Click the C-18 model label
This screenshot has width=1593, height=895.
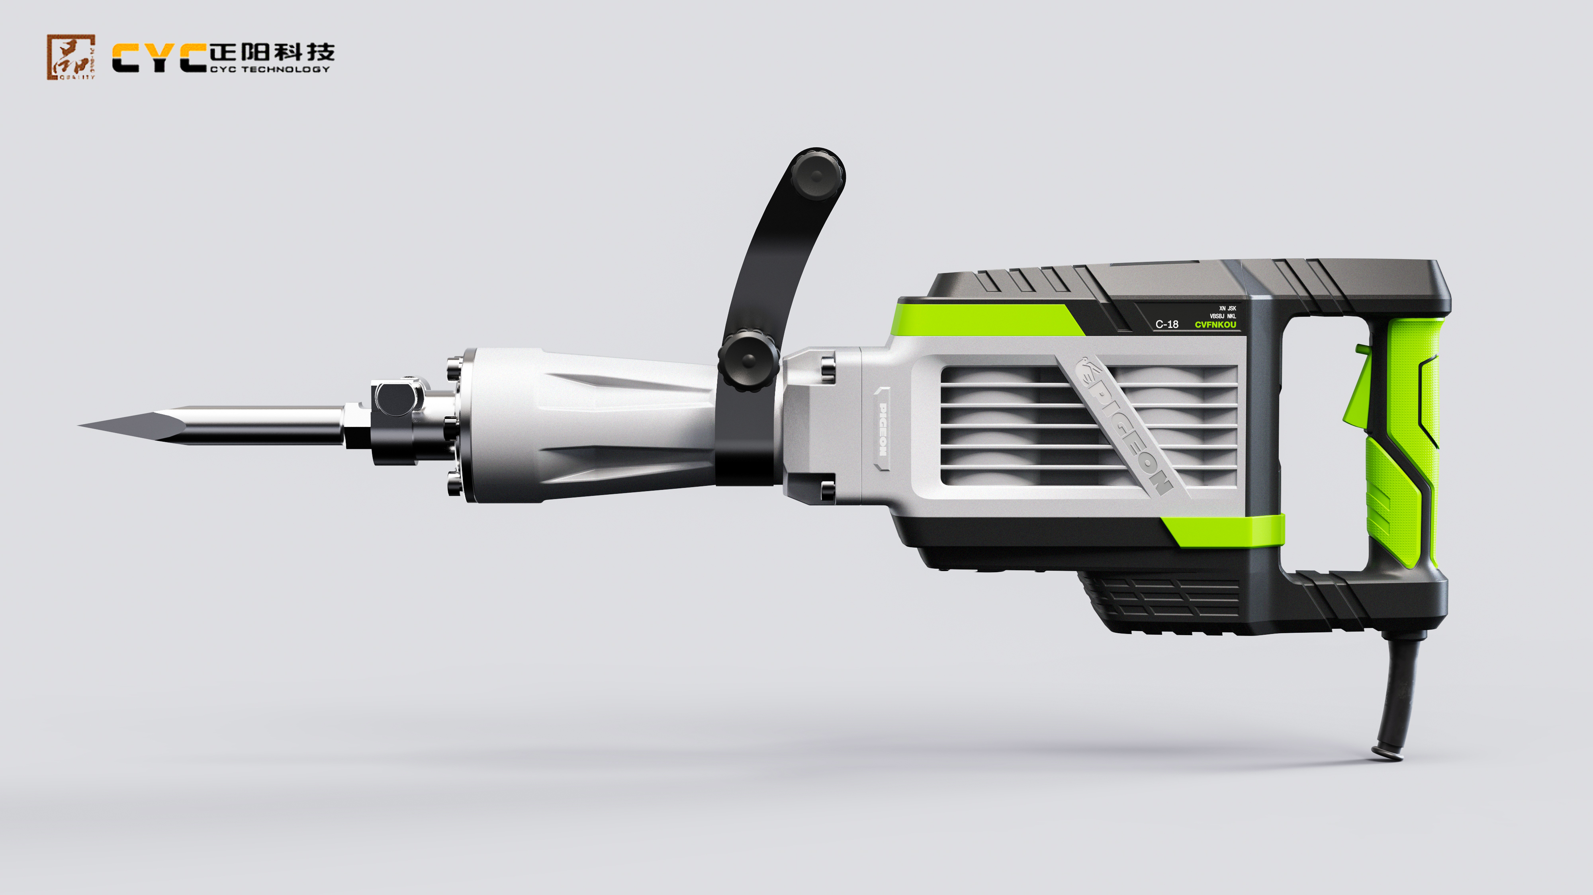pyautogui.click(x=1167, y=324)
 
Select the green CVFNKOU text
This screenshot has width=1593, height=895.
pyautogui.click(x=1215, y=324)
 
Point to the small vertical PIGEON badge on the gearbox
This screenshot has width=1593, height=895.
pyautogui.click(x=883, y=429)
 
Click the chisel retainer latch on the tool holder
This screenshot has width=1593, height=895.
pyautogui.click(x=396, y=399)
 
